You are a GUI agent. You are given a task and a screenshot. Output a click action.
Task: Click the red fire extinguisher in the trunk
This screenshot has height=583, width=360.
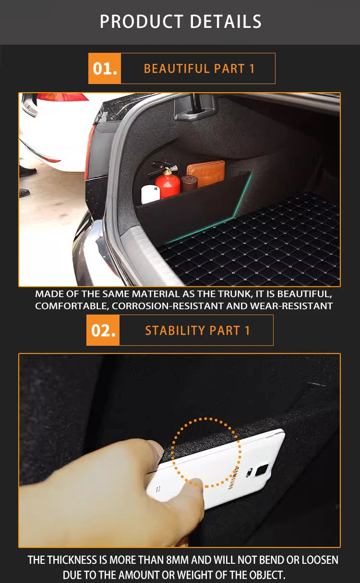(168, 183)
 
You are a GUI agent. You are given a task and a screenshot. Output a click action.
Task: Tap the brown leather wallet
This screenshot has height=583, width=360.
(206, 173)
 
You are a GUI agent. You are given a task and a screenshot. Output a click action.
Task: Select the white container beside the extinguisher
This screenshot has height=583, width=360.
(150, 194)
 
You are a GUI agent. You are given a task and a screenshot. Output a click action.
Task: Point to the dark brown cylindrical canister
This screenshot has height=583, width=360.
(189, 183)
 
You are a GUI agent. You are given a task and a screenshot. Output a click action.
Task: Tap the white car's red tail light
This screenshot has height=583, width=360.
(62, 97)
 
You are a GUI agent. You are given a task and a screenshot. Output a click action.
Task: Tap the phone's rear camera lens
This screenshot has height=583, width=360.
(262, 470)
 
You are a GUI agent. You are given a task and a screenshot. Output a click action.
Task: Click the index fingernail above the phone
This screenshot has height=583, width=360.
(156, 449)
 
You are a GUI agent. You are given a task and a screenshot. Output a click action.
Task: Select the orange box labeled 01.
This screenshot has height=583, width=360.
(105, 69)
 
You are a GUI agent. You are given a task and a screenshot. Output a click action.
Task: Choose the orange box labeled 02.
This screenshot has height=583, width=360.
(103, 330)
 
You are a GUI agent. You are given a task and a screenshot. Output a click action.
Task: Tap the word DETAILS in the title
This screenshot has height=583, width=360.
(226, 22)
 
